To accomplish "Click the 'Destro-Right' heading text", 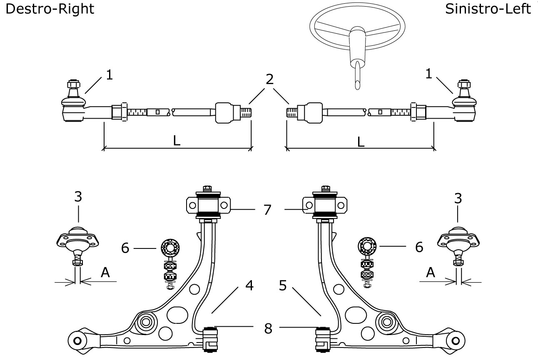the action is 50,9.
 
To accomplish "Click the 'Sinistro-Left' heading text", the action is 488,9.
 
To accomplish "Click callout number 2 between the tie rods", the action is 269,79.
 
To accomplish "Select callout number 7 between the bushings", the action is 267,210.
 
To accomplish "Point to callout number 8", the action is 268,328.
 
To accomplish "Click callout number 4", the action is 249,286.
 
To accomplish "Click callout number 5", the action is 283,286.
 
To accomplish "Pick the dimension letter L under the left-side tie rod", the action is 361,142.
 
